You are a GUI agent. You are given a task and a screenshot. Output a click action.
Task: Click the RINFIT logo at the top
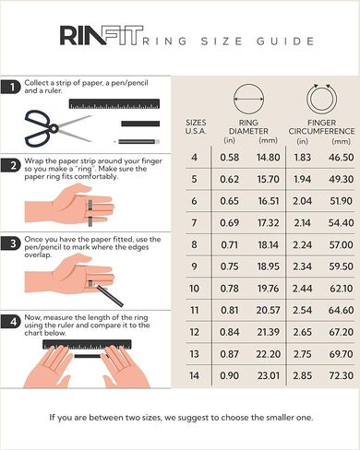coord(102,35)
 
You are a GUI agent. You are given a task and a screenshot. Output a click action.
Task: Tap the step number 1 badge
coord(11,87)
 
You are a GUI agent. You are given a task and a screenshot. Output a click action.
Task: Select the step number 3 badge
coord(11,243)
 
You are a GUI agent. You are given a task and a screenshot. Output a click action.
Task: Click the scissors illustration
coord(58,128)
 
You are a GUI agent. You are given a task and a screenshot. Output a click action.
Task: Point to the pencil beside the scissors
coord(138,142)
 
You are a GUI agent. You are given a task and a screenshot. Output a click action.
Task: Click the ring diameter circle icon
coord(248,99)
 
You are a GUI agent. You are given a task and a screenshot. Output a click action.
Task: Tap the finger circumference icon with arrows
coord(321,99)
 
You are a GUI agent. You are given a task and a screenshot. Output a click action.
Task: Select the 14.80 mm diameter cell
coord(269,158)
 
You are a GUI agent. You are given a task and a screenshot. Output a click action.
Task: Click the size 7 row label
coord(194,222)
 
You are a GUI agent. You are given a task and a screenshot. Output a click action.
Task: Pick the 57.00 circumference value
coord(341,244)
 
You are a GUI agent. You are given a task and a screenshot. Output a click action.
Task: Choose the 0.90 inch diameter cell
coord(230,375)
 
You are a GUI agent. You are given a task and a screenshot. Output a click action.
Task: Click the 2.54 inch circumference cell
coord(303,310)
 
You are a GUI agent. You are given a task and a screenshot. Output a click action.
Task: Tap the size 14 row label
coord(194,375)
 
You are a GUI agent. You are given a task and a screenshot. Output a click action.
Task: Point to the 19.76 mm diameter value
coord(269,289)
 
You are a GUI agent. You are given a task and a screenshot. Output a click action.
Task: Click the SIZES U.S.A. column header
coord(196,126)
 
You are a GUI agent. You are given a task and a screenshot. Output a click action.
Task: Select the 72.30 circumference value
coord(341,375)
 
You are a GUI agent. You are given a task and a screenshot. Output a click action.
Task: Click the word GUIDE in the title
coord(285,41)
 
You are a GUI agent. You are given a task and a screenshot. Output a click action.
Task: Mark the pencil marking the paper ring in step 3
coord(110,295)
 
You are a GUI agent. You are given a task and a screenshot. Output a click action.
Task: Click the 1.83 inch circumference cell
coord(303,158)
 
